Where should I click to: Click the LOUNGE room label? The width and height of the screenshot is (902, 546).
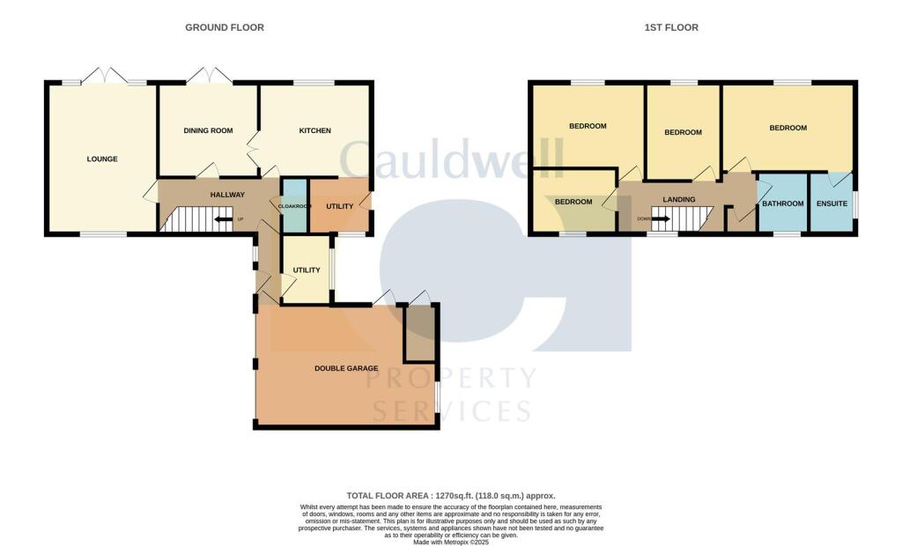coord(102,159)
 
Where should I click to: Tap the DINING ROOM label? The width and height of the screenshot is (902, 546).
coord(208,131)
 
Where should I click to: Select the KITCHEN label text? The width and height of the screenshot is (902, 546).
coord(314,131)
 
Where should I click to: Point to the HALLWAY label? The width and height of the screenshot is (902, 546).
coord(227,195)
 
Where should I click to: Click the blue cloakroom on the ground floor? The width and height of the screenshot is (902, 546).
coord(294,205)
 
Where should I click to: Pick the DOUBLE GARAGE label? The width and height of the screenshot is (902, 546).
coord(346,368)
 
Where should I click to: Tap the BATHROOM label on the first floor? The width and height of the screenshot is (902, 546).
coord(783,204)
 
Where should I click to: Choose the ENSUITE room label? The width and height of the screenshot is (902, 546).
coord(832,204)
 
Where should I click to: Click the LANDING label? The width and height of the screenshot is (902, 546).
coord(679,200)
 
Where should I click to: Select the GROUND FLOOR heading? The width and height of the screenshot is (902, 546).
coord(225,27)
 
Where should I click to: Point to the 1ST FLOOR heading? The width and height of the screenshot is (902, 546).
coord(671,27)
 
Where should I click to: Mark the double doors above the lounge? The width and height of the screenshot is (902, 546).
coord(105,76)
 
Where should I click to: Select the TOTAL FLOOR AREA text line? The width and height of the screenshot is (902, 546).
coord(451,496)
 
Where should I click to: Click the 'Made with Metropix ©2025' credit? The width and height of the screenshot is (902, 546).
coord(451,541)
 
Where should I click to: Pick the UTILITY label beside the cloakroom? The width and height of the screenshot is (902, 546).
coord(340,206)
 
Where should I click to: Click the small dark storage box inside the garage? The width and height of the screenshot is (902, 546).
coord(419,335)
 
